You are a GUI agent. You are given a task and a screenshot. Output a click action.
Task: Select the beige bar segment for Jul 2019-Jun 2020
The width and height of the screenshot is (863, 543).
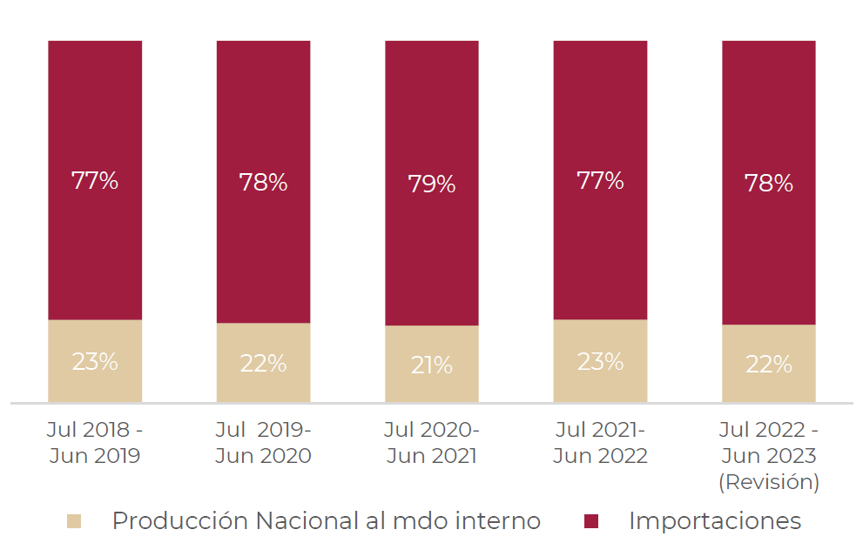263,383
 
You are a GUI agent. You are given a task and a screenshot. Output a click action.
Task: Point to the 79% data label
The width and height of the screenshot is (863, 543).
432,184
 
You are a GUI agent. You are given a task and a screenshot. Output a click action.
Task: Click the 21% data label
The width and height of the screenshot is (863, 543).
432,365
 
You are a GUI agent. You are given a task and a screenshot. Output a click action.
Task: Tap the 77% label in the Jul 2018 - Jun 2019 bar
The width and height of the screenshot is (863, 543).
95,181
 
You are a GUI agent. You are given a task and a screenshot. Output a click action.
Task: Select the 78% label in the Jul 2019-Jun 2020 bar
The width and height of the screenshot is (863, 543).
263,183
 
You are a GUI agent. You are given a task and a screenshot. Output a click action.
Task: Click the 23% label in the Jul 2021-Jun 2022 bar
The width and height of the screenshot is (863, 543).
600,361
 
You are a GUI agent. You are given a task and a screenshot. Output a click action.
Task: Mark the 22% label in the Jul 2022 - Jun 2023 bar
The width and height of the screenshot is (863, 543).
768,365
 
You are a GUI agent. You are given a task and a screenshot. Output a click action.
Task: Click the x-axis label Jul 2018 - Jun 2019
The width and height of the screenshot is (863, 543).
95,443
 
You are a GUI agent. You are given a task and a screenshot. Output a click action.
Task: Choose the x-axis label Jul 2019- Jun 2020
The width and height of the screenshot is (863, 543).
263,443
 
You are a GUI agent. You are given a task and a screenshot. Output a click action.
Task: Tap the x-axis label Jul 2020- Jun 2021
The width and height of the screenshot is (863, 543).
432,443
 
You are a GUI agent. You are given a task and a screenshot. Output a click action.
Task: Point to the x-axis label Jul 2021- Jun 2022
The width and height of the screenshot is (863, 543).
600,443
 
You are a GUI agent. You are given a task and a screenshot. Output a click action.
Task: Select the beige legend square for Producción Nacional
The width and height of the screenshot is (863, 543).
74,521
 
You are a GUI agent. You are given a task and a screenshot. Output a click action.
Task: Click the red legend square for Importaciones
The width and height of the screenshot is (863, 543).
591,521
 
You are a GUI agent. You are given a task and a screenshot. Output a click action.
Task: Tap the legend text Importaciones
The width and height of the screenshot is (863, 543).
714,521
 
